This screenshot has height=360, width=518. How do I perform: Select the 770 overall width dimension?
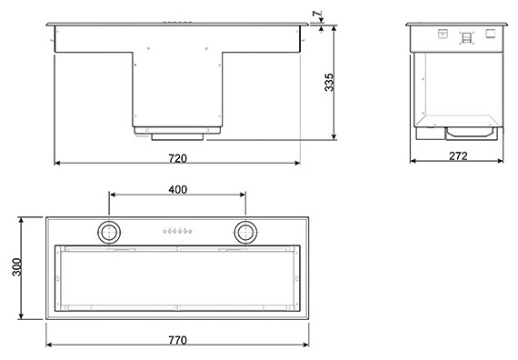pyautogui.click(x=177, y=340)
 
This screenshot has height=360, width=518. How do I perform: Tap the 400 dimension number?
pyautogui.click(x=177, y=189)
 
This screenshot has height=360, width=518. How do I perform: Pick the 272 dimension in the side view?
pyautogui.click(x=458, y=156)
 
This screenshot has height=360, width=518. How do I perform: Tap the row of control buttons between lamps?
pyautogui.click(x=177, y=231)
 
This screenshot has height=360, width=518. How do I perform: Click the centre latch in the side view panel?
pyautogui.click(x=466, y=37)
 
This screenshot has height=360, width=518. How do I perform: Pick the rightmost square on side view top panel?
pyautogui.click(x=491, y=34)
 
